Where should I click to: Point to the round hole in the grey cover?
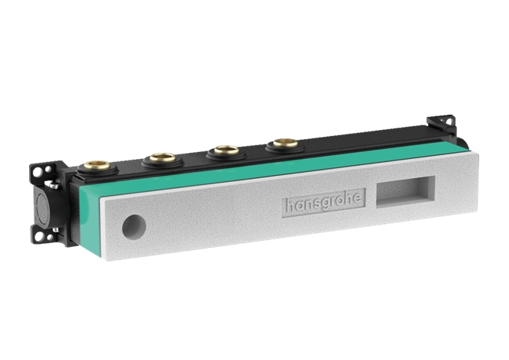[x=135, y=225]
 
